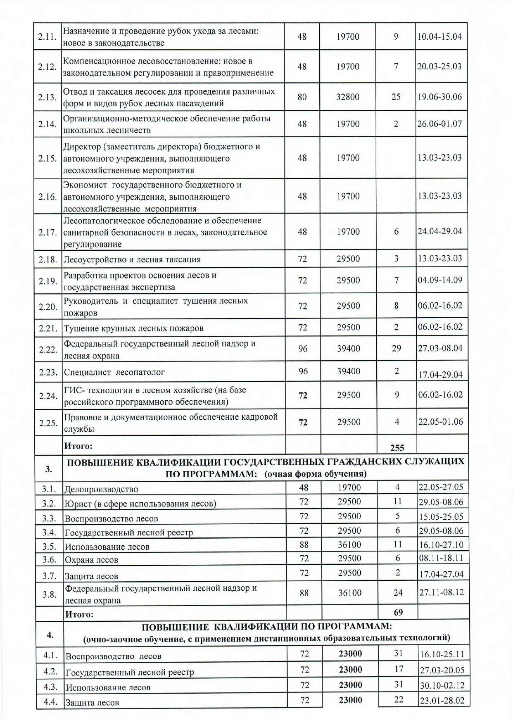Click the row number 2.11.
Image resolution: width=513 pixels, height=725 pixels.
(x=47, y=37)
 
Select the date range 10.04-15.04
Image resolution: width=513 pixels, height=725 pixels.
(x=439, y=37)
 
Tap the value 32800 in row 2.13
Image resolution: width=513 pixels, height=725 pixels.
(x=348, y=97)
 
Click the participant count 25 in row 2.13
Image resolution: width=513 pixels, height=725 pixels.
(x=396, y=97)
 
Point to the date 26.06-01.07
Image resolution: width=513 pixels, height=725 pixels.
(x=439, y=124)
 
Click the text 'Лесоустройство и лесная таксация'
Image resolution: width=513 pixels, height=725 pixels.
(x=132, y=260)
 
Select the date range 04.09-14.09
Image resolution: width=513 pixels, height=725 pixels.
(x=440, y=280)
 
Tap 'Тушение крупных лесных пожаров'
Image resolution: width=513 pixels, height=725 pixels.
(x=134, y=328)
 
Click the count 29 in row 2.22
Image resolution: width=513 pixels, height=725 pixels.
(x=397, y=348)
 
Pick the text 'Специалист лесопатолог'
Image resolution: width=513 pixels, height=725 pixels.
(x=114, y=372)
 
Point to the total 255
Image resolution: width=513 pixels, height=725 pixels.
(x=397, y=448)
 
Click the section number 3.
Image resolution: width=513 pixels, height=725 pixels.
(x=49, y=469)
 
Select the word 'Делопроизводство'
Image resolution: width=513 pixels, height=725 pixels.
(x=101, y=490)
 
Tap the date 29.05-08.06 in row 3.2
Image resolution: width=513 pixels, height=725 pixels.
(x=441, y=502)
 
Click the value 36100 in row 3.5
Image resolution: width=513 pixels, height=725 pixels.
(x=349, y=545)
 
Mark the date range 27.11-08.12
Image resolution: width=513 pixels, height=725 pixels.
(x=442, y=592)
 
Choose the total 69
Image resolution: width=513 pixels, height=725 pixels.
(x=398, y=613)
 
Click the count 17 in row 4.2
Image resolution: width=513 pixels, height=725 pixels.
(x=399, y=669)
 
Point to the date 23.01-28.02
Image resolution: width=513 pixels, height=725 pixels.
(x=442, y=701)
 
